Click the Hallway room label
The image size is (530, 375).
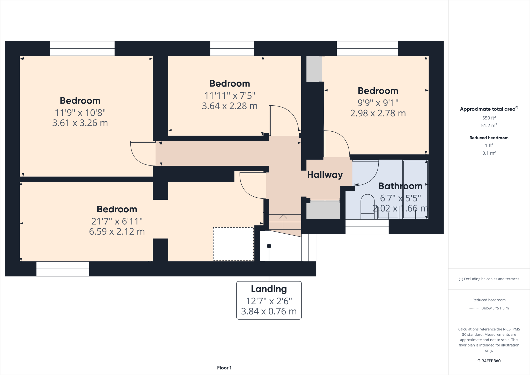click(325, 175)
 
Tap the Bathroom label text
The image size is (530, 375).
click(400, 186)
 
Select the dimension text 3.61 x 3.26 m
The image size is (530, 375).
click(80, 123)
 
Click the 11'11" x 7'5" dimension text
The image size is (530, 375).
click(230, 96)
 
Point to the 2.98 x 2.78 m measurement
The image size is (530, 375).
click(378, 113)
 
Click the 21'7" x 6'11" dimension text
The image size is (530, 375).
click(117, 221)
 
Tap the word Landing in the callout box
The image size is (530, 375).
click(269, 289)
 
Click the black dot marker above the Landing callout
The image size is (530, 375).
click(269, 246)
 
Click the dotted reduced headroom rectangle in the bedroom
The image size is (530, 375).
click(233, 244)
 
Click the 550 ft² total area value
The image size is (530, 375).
click(489, 118)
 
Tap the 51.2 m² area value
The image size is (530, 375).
click(489, 126)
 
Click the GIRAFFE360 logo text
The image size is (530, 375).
click(489, 361)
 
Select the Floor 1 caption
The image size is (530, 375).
click(224, 368)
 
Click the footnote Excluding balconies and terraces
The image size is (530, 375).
click(489, 279)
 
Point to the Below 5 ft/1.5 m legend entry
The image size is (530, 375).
click(495, 308)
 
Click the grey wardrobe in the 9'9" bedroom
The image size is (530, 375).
click(314, 69)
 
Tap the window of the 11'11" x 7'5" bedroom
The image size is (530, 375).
click(232, 48)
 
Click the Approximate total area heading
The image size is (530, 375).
click(488, 109)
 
